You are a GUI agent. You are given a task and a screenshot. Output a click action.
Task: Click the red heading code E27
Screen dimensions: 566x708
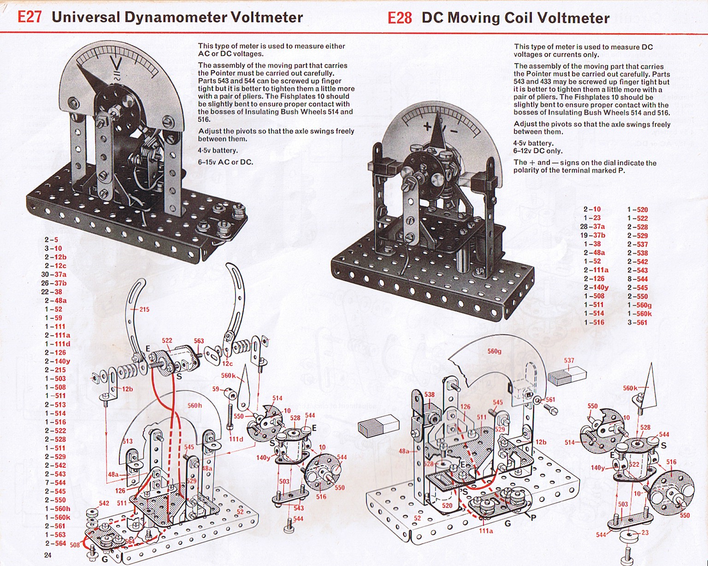(x=29, y=17)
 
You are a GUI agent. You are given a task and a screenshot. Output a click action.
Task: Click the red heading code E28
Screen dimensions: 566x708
(x=399, y=18)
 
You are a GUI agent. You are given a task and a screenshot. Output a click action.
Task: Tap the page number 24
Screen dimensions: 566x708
(x=48, y=555)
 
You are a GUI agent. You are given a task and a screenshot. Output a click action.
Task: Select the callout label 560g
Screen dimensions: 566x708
(x=494, y=351)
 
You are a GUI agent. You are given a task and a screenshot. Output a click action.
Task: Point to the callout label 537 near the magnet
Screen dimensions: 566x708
(x=569, y=360)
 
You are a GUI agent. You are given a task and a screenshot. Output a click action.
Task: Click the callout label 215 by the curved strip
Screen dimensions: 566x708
(x=144, y=309)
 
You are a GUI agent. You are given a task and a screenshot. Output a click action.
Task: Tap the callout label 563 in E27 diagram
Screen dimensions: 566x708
(x=199, y=341)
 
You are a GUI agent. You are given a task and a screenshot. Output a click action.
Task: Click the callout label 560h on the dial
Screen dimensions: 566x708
(x=195, y=405)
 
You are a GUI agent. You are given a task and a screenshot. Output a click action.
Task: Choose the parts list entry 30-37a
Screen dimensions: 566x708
(x=54, y=274)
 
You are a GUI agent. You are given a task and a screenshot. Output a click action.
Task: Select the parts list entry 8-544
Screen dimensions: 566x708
(x=637, y=279)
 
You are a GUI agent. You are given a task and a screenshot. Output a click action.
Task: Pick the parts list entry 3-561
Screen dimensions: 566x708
(x=637, y=322)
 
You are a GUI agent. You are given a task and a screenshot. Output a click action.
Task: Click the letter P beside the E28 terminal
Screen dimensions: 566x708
(x=533, y=518)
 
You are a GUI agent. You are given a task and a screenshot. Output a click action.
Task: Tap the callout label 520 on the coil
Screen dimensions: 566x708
(x=447, y=506)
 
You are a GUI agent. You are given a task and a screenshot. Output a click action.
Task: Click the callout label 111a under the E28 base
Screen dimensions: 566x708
(x=486, y=531)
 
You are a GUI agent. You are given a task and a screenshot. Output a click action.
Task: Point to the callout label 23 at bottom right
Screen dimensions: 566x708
(x=645, y=533)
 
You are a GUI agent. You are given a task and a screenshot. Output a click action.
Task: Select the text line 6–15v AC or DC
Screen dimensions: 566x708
(x=225, y=162)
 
